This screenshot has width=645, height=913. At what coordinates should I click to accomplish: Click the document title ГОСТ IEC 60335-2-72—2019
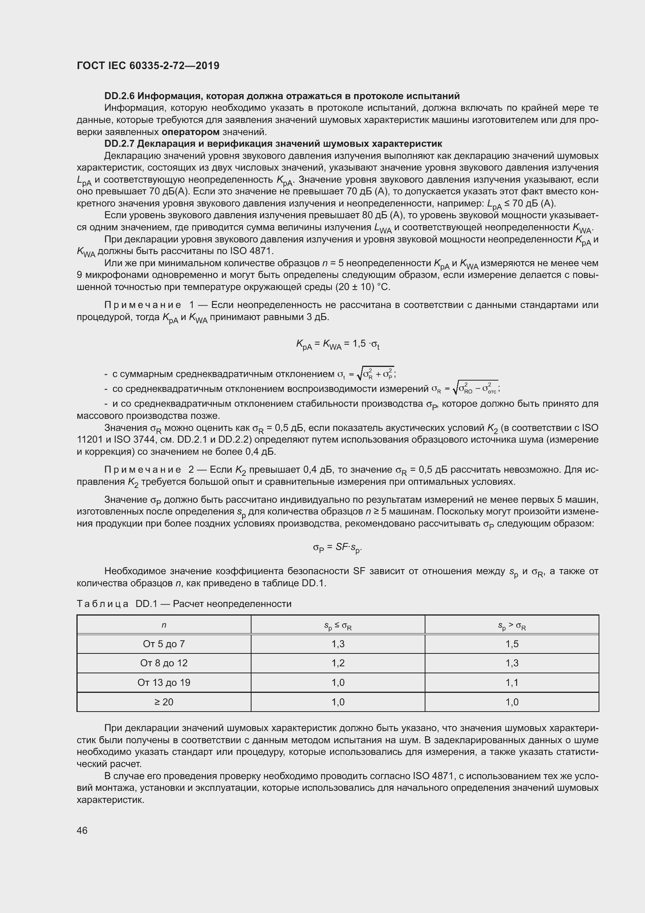148,66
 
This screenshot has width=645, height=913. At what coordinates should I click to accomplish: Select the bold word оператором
191,132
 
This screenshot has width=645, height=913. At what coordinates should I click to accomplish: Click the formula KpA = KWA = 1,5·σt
338,344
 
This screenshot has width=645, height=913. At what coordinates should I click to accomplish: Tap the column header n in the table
164,625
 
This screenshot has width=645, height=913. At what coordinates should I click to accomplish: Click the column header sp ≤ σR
338,626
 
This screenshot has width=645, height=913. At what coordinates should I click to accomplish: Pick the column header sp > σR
512,626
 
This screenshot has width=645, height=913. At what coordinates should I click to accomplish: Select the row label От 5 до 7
164,644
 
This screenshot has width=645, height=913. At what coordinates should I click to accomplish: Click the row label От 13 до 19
164,682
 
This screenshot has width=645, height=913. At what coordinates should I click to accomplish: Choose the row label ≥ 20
164,702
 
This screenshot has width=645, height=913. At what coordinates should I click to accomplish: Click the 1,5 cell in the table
512,644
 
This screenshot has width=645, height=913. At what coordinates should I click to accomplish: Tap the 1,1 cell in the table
512,682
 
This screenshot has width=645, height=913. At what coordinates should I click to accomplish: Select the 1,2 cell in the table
338,663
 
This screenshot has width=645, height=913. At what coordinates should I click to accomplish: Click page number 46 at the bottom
82,830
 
